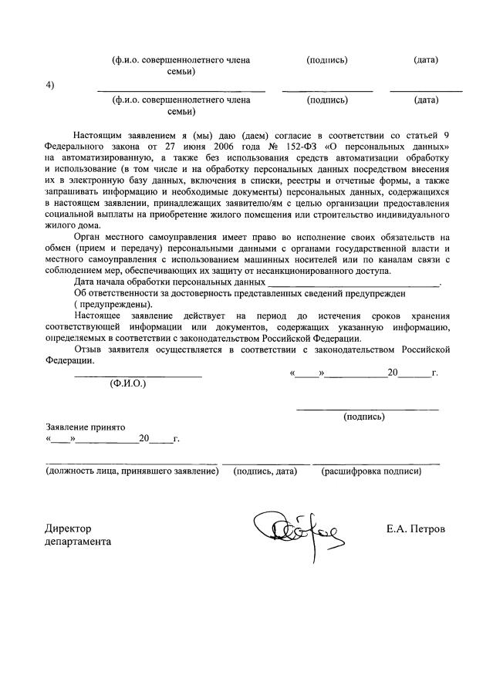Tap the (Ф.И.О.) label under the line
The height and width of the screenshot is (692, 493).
pos(129,383)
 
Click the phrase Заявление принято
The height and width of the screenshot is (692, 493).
pos(86,427)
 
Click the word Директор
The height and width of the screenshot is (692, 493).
pos(69,529)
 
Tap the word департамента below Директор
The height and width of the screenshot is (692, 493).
pos(79,542)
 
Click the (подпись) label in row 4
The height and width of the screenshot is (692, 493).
pos(327,100)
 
